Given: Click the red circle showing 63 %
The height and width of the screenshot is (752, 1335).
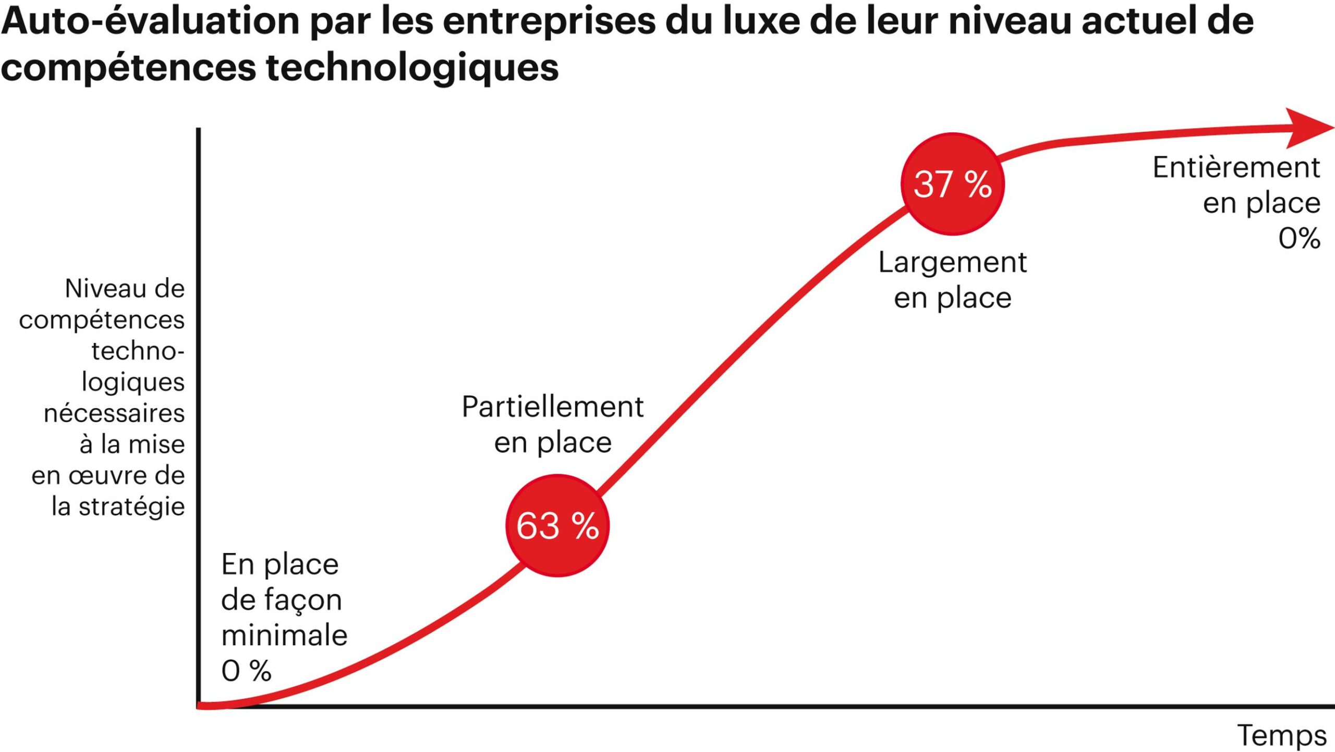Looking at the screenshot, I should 557,525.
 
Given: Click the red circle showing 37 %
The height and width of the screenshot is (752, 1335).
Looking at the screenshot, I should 952,184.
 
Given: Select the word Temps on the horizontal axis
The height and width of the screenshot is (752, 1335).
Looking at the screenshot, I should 1282,736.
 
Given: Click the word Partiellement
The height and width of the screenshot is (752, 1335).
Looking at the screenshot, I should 553,407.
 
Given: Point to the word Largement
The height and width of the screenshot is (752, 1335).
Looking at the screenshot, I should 952,263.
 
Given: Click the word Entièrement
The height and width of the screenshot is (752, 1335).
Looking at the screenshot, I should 1236,168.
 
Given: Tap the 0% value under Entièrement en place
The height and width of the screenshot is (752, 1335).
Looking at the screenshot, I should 1299,239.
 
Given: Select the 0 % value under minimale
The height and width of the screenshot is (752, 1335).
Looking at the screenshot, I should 246,671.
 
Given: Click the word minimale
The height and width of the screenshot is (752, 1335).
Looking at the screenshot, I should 284,635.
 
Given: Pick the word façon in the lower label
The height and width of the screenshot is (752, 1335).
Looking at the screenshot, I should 302,600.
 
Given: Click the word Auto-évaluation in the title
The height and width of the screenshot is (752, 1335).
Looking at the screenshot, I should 150,22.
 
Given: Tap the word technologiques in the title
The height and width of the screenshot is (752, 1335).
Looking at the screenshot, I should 412,68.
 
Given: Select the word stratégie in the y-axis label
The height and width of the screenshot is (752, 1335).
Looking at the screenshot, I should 132,507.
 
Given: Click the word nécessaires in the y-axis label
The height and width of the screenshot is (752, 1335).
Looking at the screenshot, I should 114,413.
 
